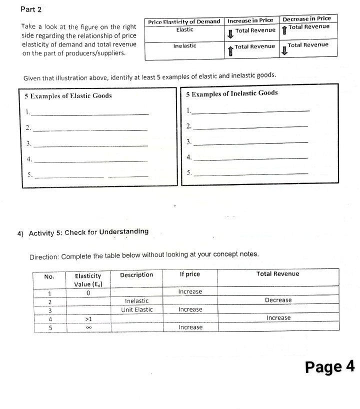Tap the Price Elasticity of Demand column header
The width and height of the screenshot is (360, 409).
coord(184,21)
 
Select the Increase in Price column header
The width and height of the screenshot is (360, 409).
coord(250,20)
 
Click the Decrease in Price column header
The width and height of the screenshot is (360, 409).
coord(306,18)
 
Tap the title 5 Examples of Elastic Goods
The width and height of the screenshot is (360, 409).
coord(68,95)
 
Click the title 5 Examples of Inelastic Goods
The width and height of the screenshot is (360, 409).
coord(231,93)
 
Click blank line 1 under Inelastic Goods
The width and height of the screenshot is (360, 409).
coord(250,110)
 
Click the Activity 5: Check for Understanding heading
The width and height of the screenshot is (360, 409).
coord(88,232)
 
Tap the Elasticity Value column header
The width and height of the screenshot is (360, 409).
coord(87,279)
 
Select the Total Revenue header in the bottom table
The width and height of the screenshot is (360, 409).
coord(277,273)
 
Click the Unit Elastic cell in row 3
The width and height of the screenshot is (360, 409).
coord(137,309)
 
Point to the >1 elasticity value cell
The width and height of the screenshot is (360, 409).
coord(88,318)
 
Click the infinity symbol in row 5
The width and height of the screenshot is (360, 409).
coord(87,327)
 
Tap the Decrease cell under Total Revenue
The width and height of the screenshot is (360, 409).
coord(278,300)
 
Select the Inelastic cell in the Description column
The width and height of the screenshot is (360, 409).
coord(136,300)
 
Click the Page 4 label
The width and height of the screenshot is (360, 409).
coord(329,366)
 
